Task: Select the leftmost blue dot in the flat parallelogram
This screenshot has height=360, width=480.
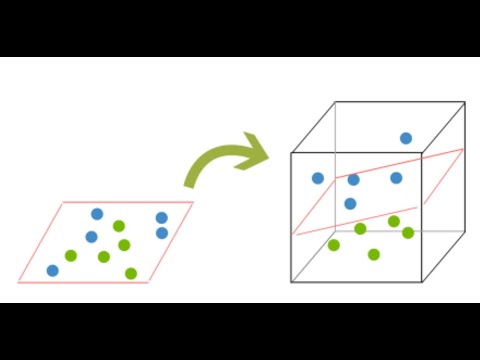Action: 52,270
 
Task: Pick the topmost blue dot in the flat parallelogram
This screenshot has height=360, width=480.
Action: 97,214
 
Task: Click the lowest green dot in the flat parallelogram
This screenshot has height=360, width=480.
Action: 131,273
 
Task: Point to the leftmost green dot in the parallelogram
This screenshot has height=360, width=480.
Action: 71,255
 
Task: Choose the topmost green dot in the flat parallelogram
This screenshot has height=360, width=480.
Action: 119,226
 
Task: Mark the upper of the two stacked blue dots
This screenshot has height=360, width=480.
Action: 161,217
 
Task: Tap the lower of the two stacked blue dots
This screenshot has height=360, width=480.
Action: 162,233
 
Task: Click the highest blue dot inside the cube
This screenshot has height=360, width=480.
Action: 406,139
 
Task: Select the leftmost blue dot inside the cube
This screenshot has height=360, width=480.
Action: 318,178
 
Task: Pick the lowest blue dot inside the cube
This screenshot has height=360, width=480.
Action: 350,203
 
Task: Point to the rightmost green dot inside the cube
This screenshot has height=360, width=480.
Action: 408,233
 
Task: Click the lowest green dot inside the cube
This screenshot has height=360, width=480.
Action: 374,254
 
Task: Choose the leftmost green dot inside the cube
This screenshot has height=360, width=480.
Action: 333,245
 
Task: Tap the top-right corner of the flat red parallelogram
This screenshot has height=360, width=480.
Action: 192,203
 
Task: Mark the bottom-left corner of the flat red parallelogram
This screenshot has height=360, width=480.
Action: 18,281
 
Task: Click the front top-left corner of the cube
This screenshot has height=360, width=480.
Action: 292,153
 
